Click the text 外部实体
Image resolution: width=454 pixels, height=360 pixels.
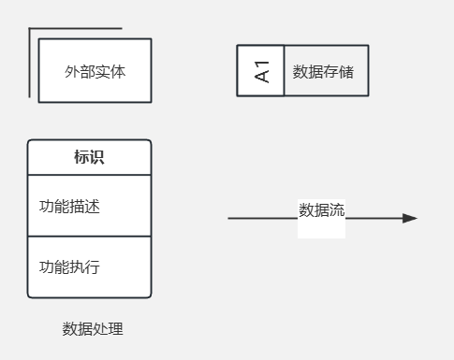[95, 71]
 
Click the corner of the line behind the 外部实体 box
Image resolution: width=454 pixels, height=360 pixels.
[30, 29]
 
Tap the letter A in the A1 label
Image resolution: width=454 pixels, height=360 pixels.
[262, 76]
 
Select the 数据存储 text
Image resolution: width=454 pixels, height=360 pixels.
[323, 71]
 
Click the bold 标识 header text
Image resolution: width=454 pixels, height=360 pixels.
[89, 157]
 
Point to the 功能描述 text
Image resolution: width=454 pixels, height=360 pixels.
[69, 206]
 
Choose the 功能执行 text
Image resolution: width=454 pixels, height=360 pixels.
[69, 267]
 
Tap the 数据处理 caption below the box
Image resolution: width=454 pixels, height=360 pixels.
[93, 329]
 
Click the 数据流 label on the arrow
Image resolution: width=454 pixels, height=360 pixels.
[321, 210]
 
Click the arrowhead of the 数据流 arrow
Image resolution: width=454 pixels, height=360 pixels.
[410, 218]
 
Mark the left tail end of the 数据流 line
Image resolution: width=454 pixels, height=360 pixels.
[229, 218]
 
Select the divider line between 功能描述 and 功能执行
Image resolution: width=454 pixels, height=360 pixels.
[89, 237]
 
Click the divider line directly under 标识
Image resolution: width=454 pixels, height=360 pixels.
[89, 175]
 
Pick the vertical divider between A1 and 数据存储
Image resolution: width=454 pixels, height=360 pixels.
[284, 70]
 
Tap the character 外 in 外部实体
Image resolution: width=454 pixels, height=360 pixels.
[72, 71]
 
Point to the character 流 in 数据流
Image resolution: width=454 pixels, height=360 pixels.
[337, 210]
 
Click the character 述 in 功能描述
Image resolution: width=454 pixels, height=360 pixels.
[93, 206]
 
